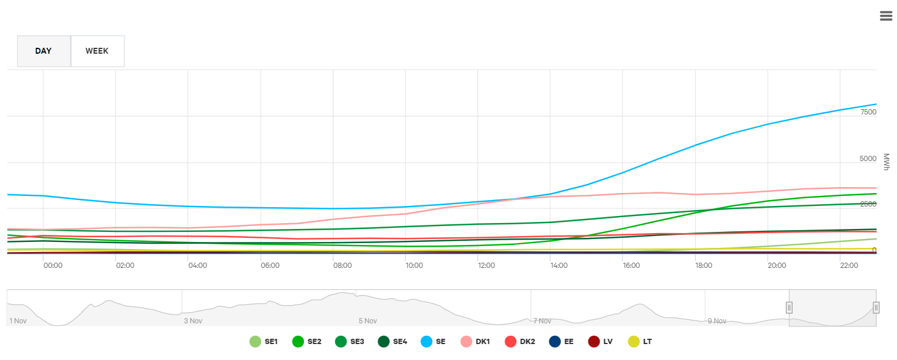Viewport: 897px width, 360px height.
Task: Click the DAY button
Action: [x=44, y=51]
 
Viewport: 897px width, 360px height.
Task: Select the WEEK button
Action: [x=97, y=51]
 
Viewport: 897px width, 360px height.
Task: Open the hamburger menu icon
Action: [x=886, y=16]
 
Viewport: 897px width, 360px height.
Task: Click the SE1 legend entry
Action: [x=264, y=341]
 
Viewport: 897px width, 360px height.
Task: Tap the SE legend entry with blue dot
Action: [x=433, y=341]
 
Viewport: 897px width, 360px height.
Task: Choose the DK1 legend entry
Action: [x=475, y=341]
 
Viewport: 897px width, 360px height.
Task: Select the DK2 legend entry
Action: [x=520, y=341]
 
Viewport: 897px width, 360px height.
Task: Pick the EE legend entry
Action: [x=562, y=341]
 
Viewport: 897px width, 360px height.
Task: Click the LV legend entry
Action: [x=603, y=341]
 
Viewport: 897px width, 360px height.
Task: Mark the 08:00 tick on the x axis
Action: [x=342, y=266]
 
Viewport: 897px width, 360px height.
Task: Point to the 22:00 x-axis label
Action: [x=849, y=266]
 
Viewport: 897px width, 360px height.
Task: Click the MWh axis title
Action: [x=886, y=162]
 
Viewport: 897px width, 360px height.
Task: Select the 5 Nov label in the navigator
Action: [x=368, y=321]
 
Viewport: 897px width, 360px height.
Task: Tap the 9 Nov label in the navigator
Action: [x=716, y=321]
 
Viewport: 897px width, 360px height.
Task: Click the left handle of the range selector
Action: [x=789, y=307]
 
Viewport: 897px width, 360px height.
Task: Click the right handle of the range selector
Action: [x=876, y=307]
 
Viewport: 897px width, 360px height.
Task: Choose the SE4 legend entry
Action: [x=392, y=341]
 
